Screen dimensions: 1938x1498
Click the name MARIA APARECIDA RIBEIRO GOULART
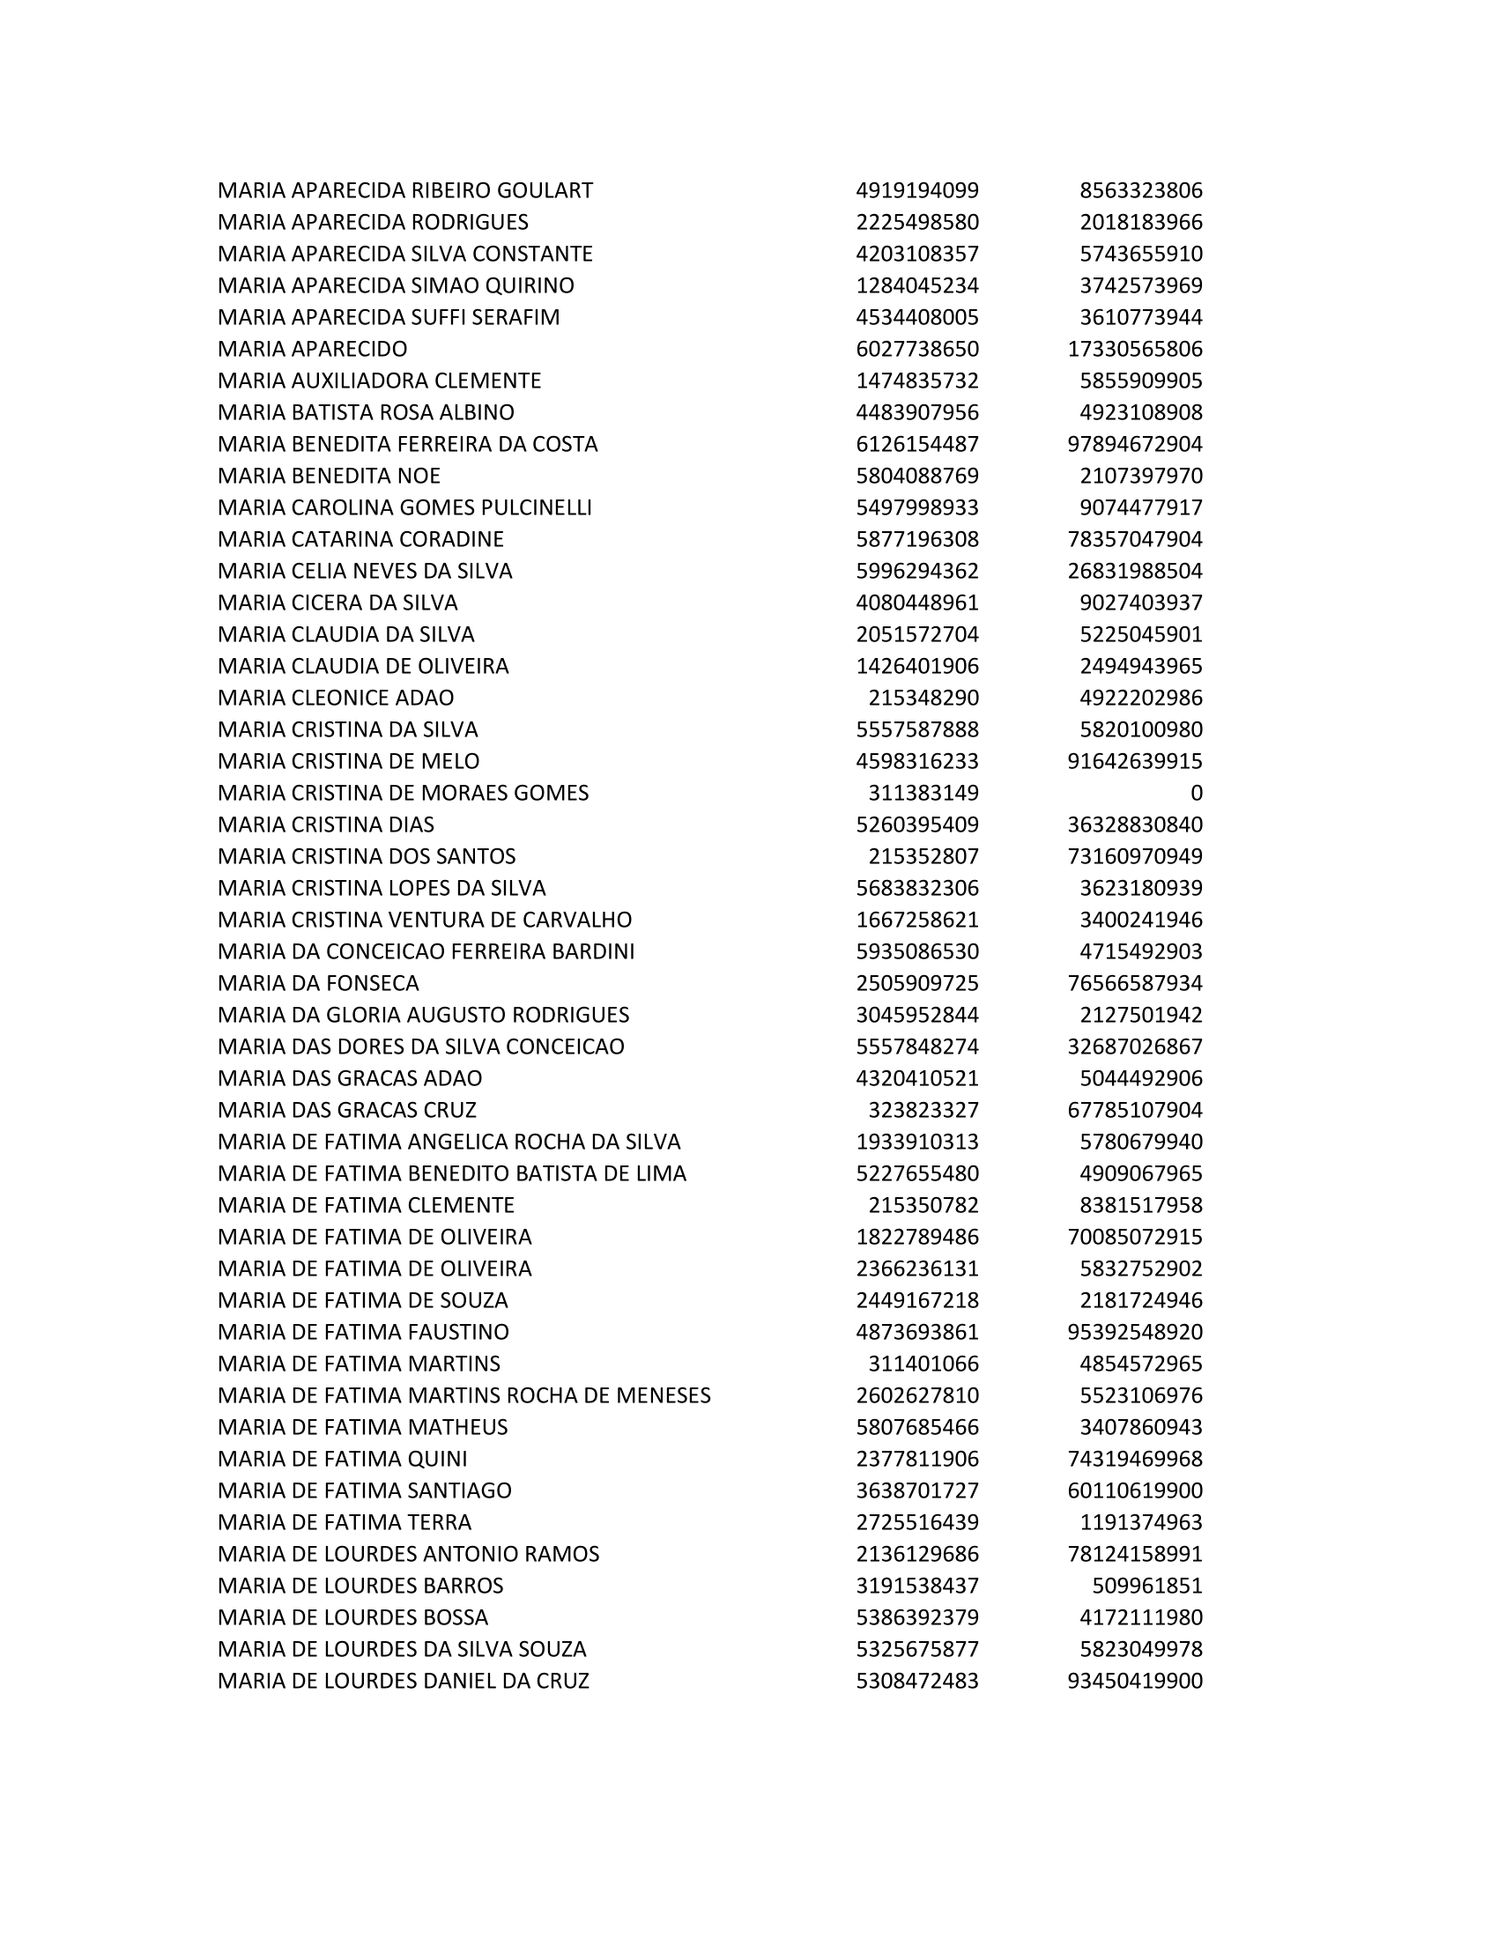click(x=404, y=191)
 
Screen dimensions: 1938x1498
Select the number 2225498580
click(x=916, y=222)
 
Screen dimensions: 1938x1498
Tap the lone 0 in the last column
click(x=1196, y=794)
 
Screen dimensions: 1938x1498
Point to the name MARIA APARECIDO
click(x=313, y=349)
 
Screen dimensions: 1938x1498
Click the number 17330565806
click(x=1134, y=349)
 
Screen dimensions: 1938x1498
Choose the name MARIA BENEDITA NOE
click(x=329, y=476)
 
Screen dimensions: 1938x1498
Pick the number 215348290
click(x=923, y=699)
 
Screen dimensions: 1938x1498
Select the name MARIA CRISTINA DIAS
click(x=326, y=825)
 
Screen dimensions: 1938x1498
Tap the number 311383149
click(x=923, y=794)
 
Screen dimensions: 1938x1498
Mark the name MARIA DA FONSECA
click(x=318, y=983)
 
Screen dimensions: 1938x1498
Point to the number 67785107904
click(x=1134, y=1110)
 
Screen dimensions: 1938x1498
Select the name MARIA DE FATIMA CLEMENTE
click(x=366, y=1205)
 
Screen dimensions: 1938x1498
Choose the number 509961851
click(x=1146, y=1586)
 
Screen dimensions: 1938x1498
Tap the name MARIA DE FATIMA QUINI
click(x=342, y=1459)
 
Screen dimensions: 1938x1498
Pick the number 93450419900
click(x=1134, y=1682)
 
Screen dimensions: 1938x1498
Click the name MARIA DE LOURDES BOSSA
click(x=352, y=1617)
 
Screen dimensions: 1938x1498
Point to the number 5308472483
click(x=916, y=1682)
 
